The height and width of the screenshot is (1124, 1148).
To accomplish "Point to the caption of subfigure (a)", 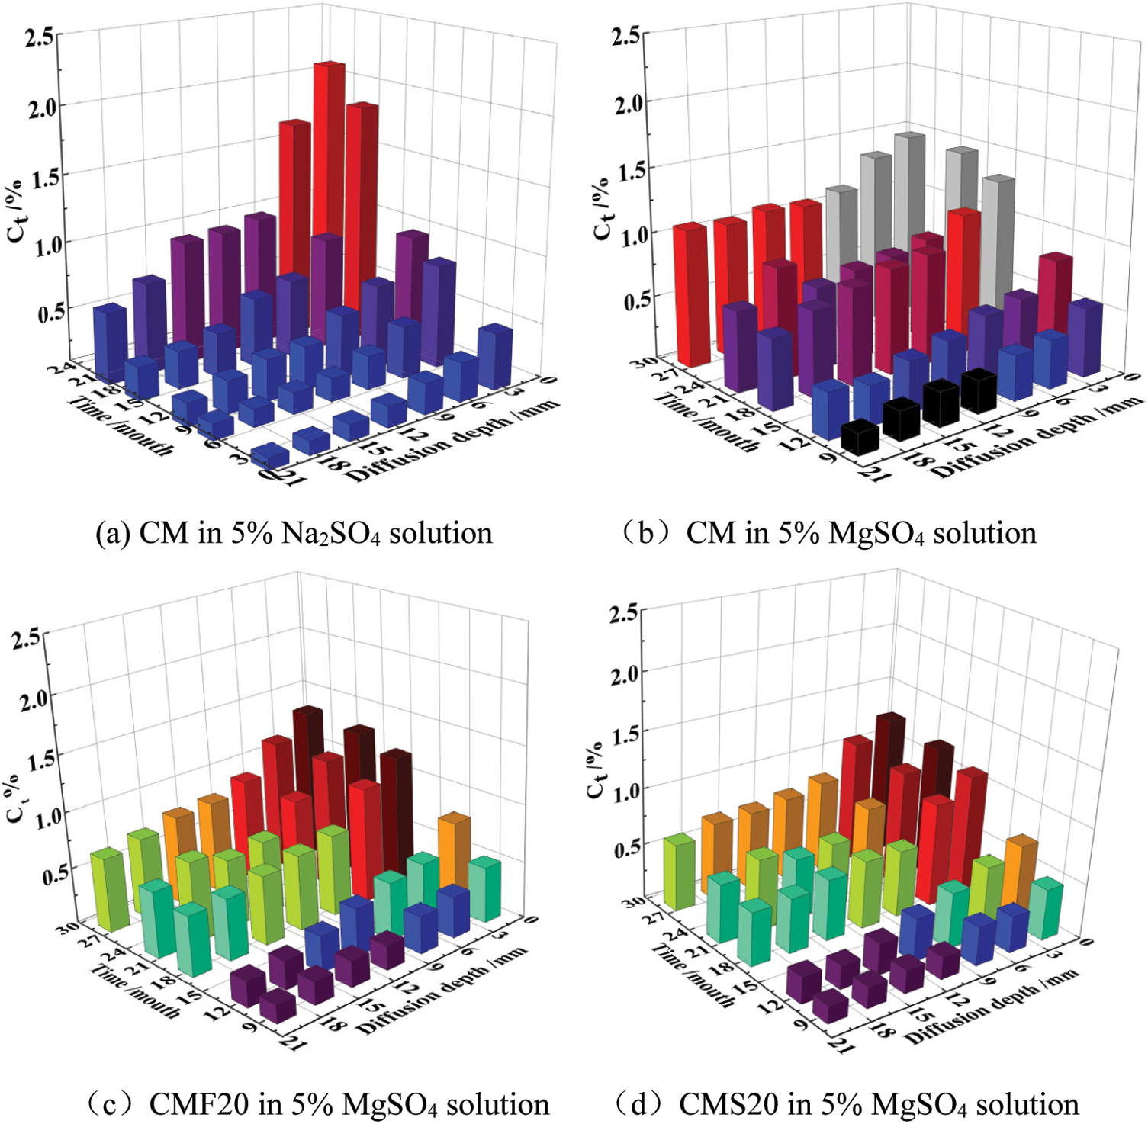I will click(x=294, y=533).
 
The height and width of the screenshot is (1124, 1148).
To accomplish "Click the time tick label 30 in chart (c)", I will click(x=67, y=927).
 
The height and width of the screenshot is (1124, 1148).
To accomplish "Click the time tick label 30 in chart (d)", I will click(x=633, y=901).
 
